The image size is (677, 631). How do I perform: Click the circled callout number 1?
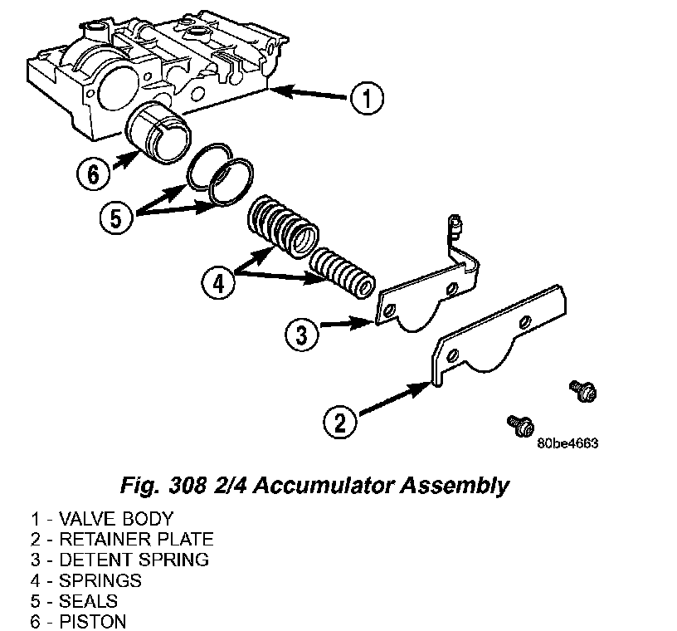(365, 98)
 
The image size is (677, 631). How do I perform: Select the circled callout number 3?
(301, 335)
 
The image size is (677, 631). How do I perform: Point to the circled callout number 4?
(217, 284)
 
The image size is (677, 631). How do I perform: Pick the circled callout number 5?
(116, 218)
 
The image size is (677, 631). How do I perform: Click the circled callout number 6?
(93, 174)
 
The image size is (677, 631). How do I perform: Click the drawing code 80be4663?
(567, 443)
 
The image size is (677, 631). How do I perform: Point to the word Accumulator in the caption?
(366, 485)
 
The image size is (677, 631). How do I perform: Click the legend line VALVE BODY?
(102, 521)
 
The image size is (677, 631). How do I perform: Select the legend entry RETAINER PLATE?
(122, 541)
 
